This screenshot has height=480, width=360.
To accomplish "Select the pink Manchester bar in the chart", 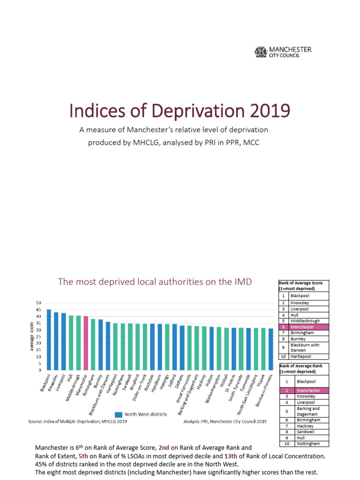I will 86,343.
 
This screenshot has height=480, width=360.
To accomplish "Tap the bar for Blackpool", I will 49,339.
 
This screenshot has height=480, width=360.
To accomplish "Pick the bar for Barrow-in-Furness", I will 270,349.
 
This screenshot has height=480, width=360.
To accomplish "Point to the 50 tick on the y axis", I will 38,303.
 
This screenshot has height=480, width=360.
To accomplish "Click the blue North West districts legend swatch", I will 119,414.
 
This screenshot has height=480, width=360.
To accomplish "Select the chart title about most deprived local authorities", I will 155,281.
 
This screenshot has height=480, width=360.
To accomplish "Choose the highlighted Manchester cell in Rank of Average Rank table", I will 308,390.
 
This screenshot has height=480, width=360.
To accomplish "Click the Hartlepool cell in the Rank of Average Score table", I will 308,356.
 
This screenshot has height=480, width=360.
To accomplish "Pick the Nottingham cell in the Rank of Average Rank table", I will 308,443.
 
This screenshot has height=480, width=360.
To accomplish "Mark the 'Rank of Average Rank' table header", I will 303,368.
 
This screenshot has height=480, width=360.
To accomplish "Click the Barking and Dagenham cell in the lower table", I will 308,411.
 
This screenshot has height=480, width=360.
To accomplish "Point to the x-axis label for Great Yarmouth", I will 184,389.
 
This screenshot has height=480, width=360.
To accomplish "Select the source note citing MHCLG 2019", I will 77,421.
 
